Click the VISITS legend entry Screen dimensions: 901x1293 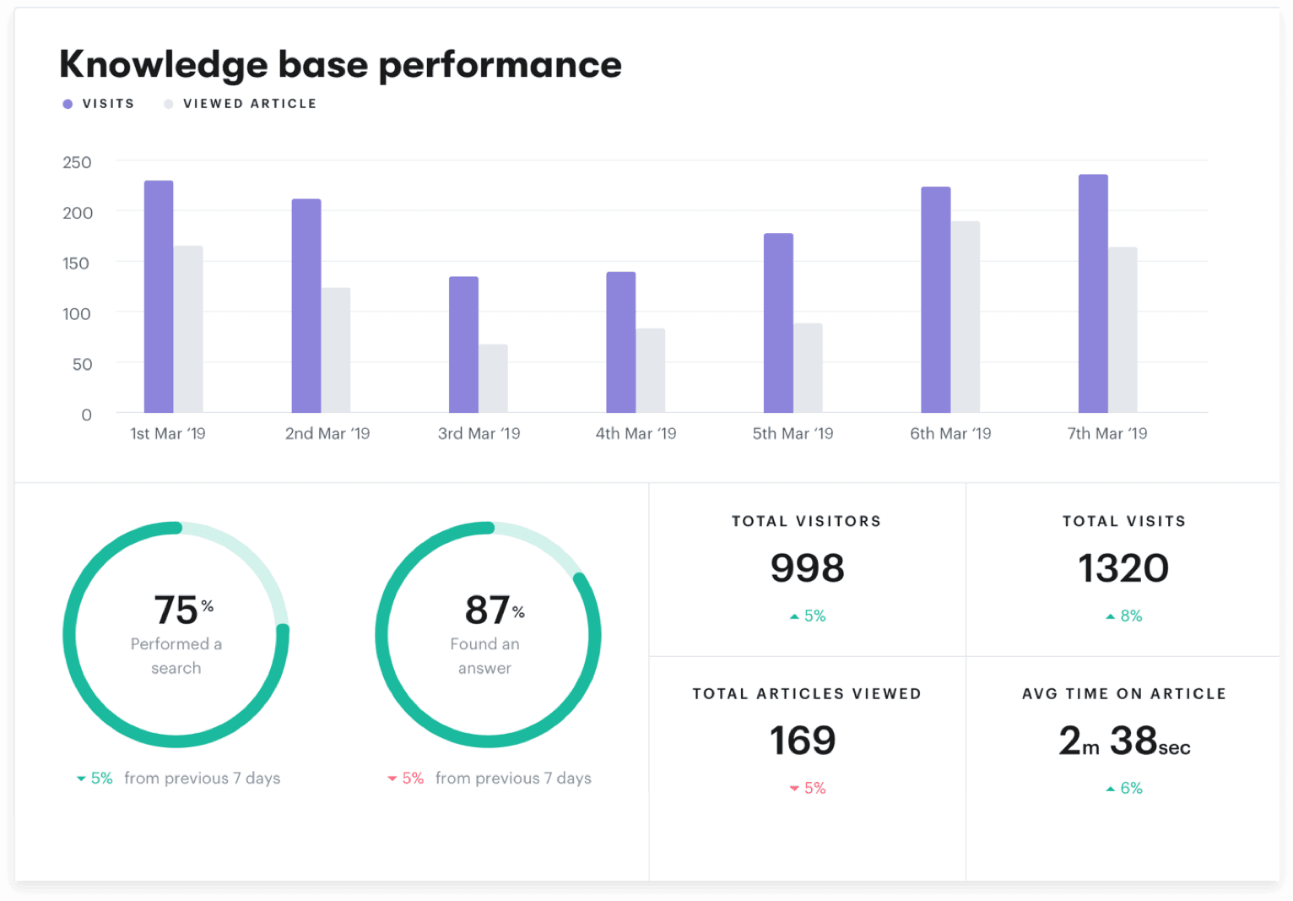[100, 104]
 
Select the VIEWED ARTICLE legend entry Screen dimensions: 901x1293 [241, 104]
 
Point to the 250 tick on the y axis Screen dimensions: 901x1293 [77, 162]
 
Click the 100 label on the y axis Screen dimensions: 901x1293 [77, 314]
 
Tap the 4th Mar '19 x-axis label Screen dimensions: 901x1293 [636, 433]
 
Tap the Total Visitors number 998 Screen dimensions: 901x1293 [807, 568]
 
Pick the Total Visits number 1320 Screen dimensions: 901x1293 [1123, 568]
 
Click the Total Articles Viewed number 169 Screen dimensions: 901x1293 [803, 741]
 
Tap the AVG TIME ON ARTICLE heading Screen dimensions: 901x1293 [1123, 693]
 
